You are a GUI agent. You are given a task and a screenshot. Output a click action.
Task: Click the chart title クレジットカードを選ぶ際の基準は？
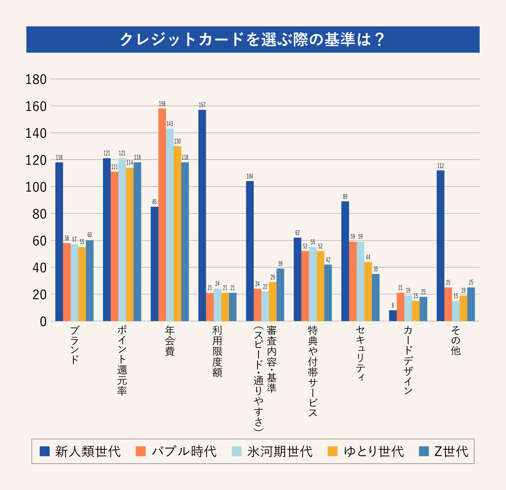point(252,40)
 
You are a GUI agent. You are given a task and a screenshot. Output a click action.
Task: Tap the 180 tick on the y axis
point(36,80)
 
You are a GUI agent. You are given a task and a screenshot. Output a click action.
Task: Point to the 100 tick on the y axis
point(36,187)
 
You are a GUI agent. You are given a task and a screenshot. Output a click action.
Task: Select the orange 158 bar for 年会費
point(162,215)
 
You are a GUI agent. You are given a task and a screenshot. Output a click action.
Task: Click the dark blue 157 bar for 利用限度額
point(202,215)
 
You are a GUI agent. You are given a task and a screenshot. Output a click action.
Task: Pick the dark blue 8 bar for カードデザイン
point(393,316)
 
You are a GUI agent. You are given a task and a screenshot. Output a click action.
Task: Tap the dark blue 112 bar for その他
point(440,246)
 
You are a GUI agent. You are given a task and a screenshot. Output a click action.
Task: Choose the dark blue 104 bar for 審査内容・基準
point(250,251)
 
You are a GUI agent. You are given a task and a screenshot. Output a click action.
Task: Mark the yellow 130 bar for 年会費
point(177,233)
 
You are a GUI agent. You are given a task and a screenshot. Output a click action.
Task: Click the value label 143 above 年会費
point(170,124)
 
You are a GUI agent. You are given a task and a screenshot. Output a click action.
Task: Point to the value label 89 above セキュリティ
point(345,197)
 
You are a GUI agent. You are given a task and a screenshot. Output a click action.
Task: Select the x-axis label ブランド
point(75,345)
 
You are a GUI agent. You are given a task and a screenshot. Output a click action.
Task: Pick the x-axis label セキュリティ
point(360,353)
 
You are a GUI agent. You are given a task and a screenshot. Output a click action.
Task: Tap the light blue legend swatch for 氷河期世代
point(236,451)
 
